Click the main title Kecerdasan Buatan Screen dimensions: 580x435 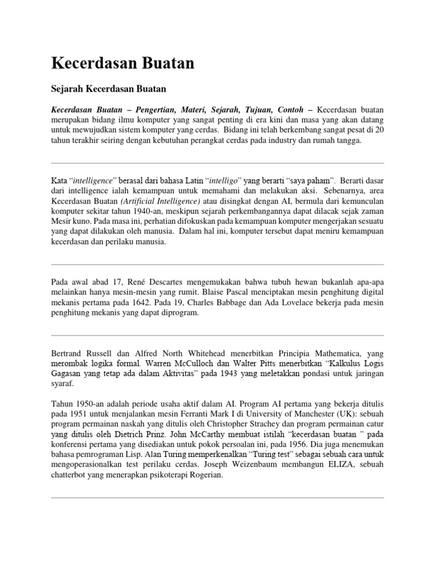pyautogui.click(x=122, y=63)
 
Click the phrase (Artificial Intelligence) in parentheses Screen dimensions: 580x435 pyautogui.click(x=159, y=201)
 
